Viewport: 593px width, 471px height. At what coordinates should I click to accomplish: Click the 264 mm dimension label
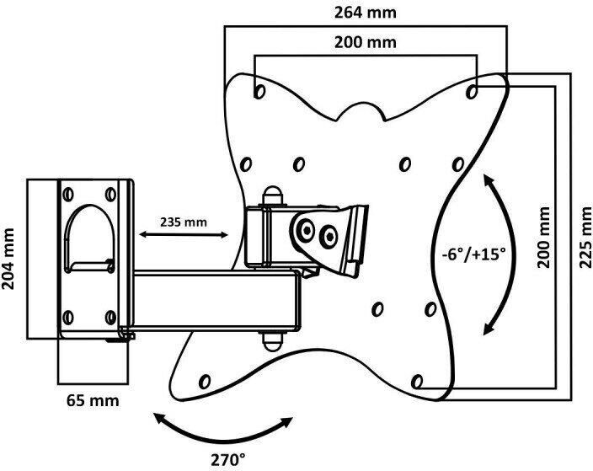(x=366, y=14)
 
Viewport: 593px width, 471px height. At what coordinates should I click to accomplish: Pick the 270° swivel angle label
(x=228, y=460)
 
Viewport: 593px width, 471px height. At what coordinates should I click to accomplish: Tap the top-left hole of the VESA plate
(x=259, y=88)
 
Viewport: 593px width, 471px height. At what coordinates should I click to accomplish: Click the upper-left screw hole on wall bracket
(x=67, y=194)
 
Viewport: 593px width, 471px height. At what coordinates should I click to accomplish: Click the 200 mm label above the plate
(x=366, y=42)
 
